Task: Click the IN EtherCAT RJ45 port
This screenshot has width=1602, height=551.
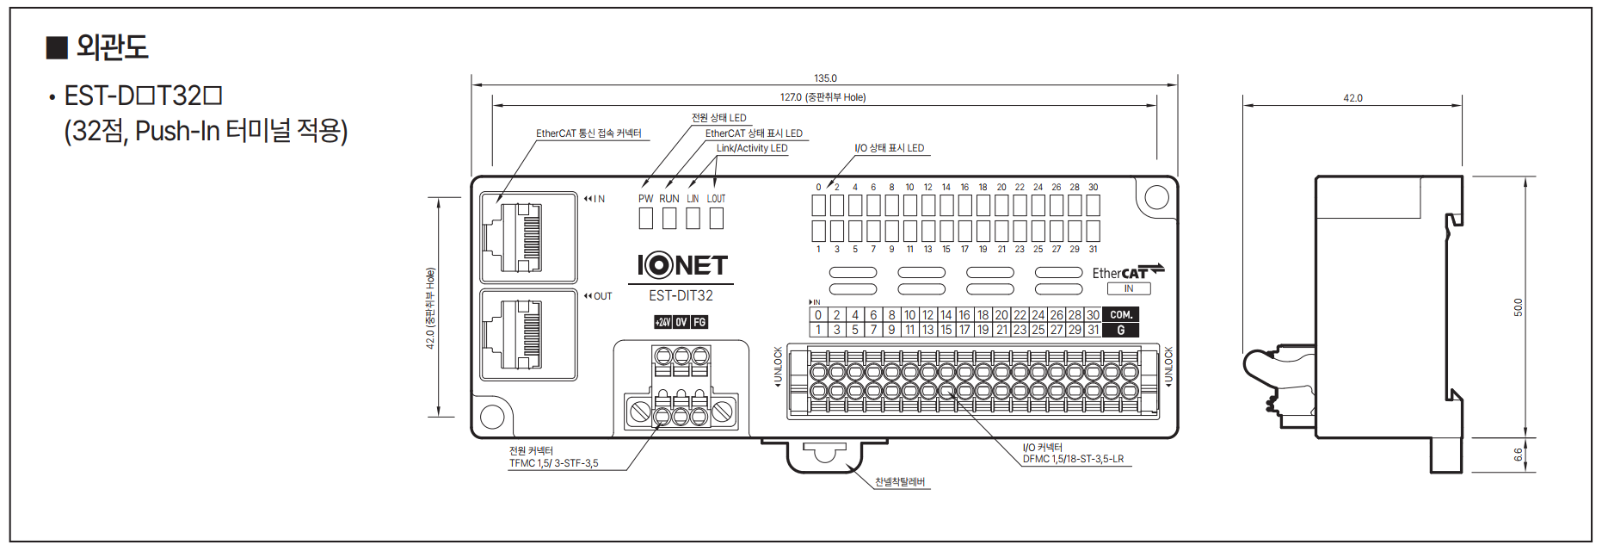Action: pos(527,238)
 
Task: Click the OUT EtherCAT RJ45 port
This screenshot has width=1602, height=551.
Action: pos(527,335)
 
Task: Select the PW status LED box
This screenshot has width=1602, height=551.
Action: pos(645,219)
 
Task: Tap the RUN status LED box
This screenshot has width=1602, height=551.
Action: pos(669,219)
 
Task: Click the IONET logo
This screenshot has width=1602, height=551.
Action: pos(681,265)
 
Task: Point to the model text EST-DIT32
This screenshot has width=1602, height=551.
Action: pos(681,295)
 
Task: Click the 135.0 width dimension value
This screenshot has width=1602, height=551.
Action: pos(824,78)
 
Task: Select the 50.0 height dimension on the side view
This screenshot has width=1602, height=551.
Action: pos(1518,307)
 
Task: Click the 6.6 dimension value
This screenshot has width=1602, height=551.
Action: pos(1518,454)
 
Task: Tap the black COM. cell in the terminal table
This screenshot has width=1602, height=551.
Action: pos(1120,315)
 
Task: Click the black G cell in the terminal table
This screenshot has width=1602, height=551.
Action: pos(1120,330)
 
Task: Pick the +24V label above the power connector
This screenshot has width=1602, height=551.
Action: pos(662,322)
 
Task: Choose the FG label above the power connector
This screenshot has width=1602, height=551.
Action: pos(699,322)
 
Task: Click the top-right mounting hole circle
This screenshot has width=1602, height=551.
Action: pos(1156,198)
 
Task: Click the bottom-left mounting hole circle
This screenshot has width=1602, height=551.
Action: pos(492,417)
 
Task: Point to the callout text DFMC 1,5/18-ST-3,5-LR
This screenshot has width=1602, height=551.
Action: pos(1073,459)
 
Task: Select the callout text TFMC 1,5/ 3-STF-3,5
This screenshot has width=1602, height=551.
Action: pos(553,463)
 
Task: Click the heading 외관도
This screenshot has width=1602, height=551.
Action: pos(112,46)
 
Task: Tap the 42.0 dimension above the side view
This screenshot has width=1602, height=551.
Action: pos(1352,98)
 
